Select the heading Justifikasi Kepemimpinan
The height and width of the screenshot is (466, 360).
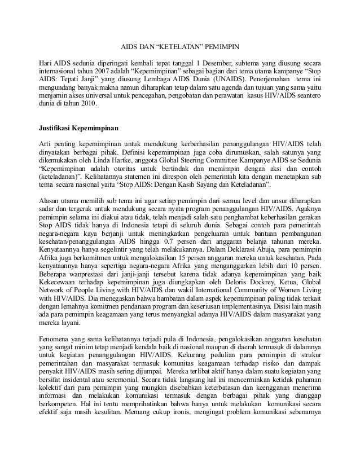point(74,128)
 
